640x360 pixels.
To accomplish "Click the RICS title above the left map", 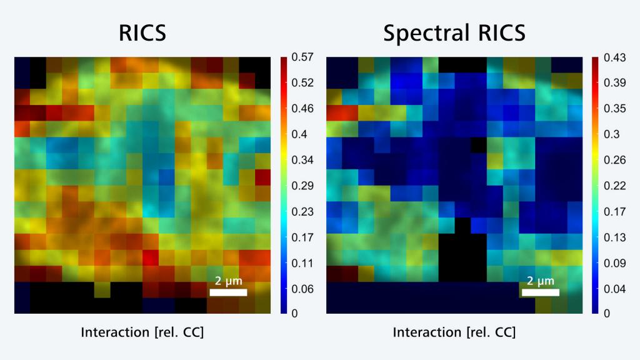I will coord(142,33).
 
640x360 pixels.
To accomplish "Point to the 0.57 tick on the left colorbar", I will coord(301,57).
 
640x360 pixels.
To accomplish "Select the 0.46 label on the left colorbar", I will coord(301,109).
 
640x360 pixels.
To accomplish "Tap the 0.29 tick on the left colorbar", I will coord(301,186).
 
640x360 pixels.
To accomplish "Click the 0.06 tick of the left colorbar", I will coord(301,289).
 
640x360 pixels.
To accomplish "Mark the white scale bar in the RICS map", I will coord(228,292).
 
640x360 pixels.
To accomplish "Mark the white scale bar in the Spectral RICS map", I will coord(540,292).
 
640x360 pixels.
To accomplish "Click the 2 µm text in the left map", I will coord(228,281).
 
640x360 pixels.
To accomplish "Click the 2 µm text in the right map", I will coord(540,281).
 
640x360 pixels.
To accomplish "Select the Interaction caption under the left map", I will coord(142,332).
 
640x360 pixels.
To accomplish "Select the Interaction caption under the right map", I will coord(454,332).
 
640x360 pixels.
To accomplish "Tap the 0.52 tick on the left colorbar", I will coord(301,83).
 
